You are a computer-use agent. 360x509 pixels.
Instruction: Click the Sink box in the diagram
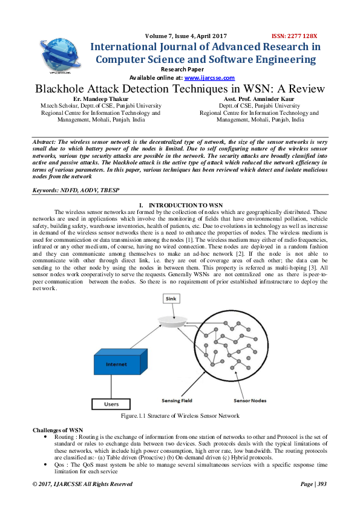point(171,299)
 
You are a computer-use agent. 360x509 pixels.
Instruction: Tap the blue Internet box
point(117,365)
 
